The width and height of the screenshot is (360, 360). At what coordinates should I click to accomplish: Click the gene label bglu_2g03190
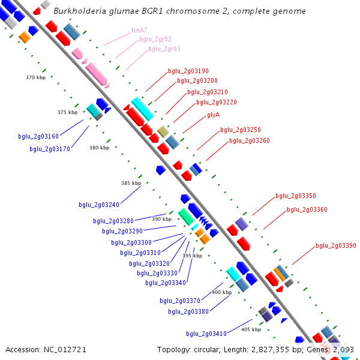188,71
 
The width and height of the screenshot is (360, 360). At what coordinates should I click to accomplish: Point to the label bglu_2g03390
336,245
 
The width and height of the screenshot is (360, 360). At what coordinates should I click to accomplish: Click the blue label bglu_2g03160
38,136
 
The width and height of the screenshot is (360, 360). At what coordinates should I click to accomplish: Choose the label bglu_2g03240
98,205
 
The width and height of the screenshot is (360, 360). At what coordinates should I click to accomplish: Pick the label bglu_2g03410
206,334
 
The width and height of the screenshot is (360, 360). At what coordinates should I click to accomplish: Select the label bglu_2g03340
165,283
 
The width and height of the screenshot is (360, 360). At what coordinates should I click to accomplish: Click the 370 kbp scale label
35,77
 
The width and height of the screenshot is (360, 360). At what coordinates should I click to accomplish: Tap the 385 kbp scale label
131,183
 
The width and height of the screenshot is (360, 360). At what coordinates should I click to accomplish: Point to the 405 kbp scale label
251,329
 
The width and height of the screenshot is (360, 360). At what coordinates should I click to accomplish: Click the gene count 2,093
343,349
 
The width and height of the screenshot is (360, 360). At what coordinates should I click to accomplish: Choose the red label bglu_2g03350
295,196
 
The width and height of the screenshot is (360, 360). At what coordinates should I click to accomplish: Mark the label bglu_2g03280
113,221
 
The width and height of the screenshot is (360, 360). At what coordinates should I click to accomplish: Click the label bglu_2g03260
249,140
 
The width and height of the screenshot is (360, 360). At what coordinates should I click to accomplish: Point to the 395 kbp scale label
192,256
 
